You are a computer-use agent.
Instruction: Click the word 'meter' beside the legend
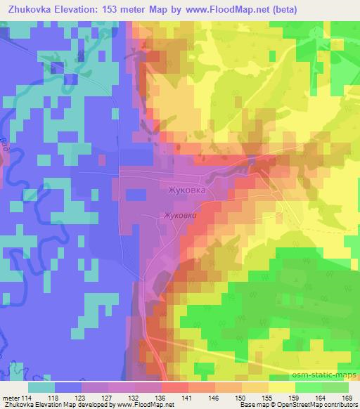11,398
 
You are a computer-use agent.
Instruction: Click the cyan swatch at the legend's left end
41,387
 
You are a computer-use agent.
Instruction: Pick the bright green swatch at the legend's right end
336,387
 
